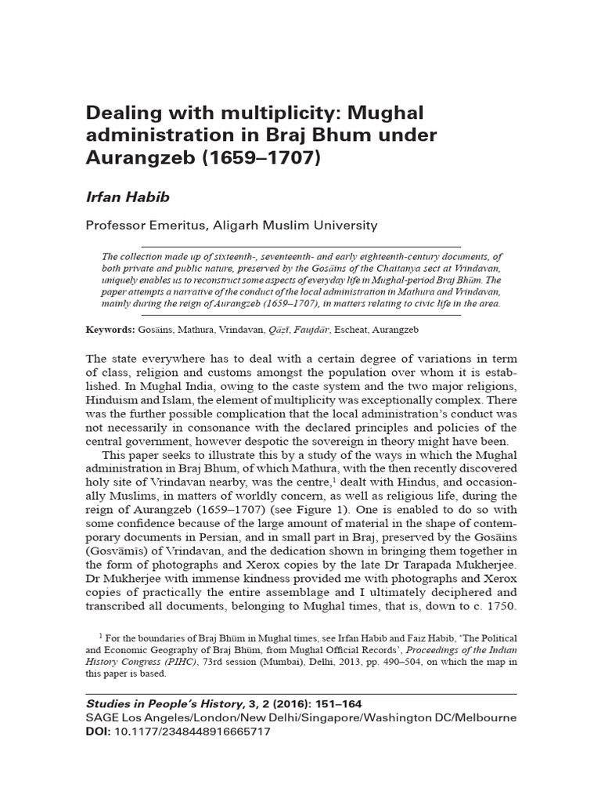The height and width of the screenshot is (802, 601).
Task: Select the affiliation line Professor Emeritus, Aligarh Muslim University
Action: click(232, 226)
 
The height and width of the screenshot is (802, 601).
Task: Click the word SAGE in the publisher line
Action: click(104, 718)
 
